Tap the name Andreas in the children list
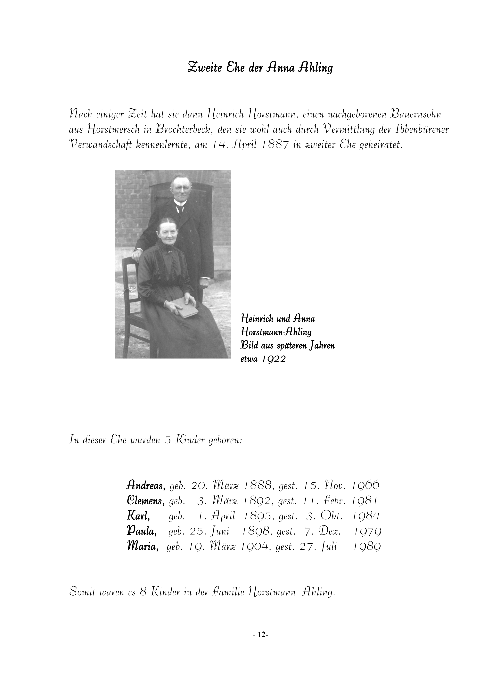click(145, 486)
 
